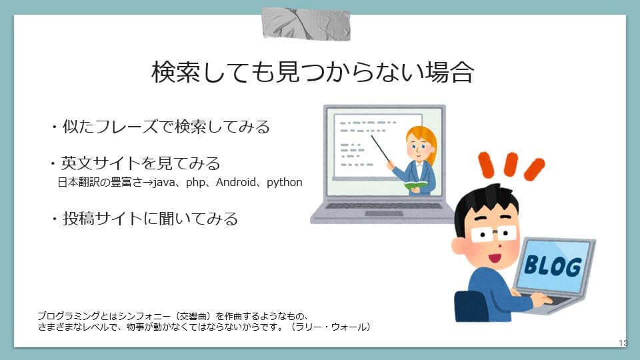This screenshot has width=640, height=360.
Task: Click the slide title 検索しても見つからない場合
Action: tap(312, 72)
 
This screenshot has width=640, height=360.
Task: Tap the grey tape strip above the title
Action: tap(306, 24)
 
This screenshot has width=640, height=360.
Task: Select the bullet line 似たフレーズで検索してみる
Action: tap(161, 127)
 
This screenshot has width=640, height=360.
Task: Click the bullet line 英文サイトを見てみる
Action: tap(135, 163)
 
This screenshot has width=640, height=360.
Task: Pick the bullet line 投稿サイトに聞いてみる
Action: tap(144, 219)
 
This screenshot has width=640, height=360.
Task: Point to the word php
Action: tap(195, 183)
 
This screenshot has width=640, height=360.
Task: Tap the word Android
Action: tap(236, 182)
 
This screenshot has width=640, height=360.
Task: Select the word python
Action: tap(285, 183)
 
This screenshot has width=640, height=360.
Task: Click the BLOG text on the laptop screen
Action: tap(553, 266)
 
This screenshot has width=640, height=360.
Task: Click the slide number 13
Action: tap(623, 343)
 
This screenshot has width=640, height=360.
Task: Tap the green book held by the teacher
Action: tap(415, 185)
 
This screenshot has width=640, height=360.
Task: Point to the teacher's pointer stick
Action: tap(381, 149)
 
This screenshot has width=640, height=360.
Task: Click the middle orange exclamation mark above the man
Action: tap(510, 164)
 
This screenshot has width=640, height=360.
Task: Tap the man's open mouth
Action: tap(495, 258)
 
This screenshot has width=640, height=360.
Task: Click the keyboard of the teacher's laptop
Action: tap(384, 206)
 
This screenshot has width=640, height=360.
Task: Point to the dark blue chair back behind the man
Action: tap(470, 306)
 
